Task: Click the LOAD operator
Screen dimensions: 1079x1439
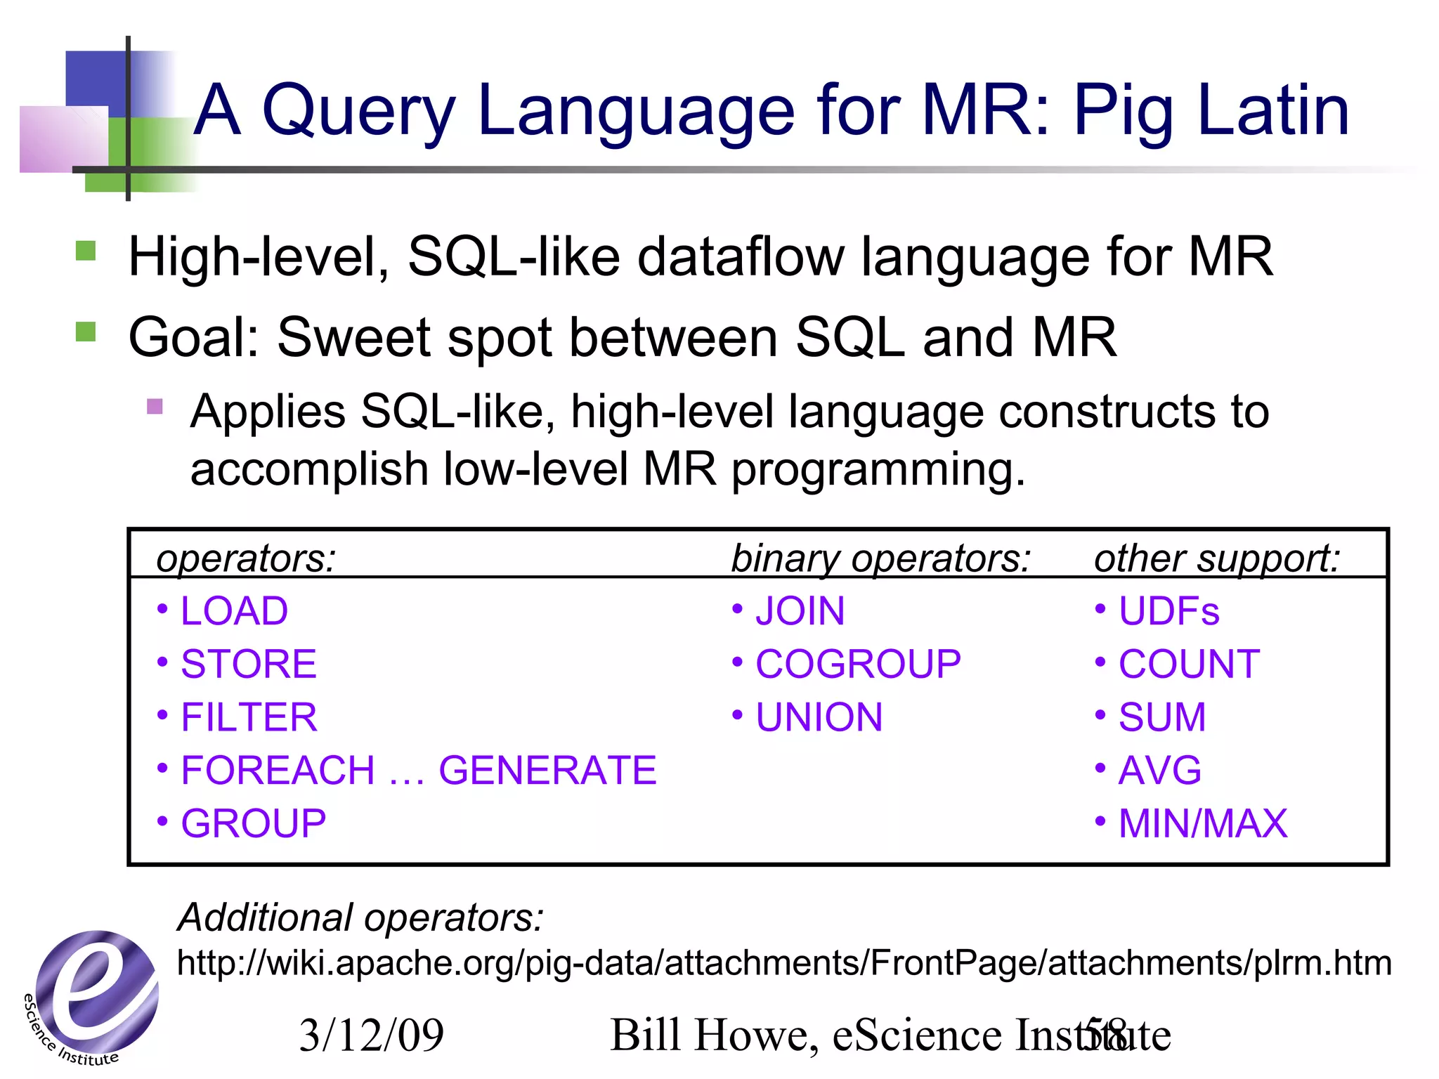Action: click(234, 611)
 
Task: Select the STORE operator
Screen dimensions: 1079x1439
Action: click(249, 665)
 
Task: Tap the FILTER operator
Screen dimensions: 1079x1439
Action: click(249, 717)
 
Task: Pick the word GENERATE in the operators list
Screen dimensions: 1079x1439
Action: click(547, 771)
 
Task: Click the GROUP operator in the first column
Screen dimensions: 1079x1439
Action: click(253, 823)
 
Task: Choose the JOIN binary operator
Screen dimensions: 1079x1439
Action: click(800, 611)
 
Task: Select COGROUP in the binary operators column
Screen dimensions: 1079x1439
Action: click(858, 665)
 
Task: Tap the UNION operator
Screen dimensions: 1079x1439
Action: click(819, 717)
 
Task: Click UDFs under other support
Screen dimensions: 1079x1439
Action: click(1168, 611)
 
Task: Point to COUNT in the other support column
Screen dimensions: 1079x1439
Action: click(1189, 665)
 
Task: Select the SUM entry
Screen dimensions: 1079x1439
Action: click(1162, 717)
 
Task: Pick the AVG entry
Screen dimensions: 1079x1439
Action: click(1160, 771)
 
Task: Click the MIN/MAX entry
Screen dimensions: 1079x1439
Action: click(1203, 823)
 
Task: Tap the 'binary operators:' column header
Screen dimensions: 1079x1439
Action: click(881, 559)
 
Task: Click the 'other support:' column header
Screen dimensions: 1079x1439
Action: click(1217, 559)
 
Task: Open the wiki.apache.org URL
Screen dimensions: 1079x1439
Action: click(784, 963)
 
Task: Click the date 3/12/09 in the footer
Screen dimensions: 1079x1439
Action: click(372, 1035)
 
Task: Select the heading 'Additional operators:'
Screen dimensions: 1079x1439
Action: click(360, 917)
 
